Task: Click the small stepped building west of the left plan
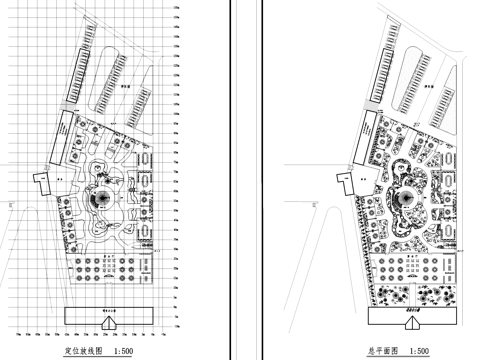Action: pos(41,180)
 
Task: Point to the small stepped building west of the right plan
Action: pos(346,180)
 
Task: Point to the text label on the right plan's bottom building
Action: pos(410,311)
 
